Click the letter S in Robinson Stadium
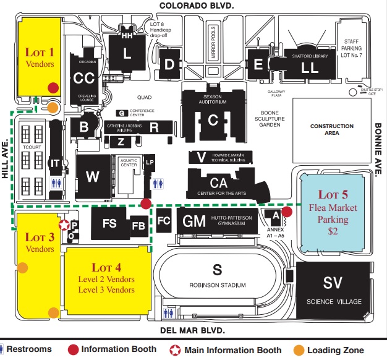click(216, 269)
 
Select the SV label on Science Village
click(333, 282)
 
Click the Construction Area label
click(332, 129)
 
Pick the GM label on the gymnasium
click(190, 221)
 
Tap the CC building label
click(83, 79)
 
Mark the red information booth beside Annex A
click(287, 212)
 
